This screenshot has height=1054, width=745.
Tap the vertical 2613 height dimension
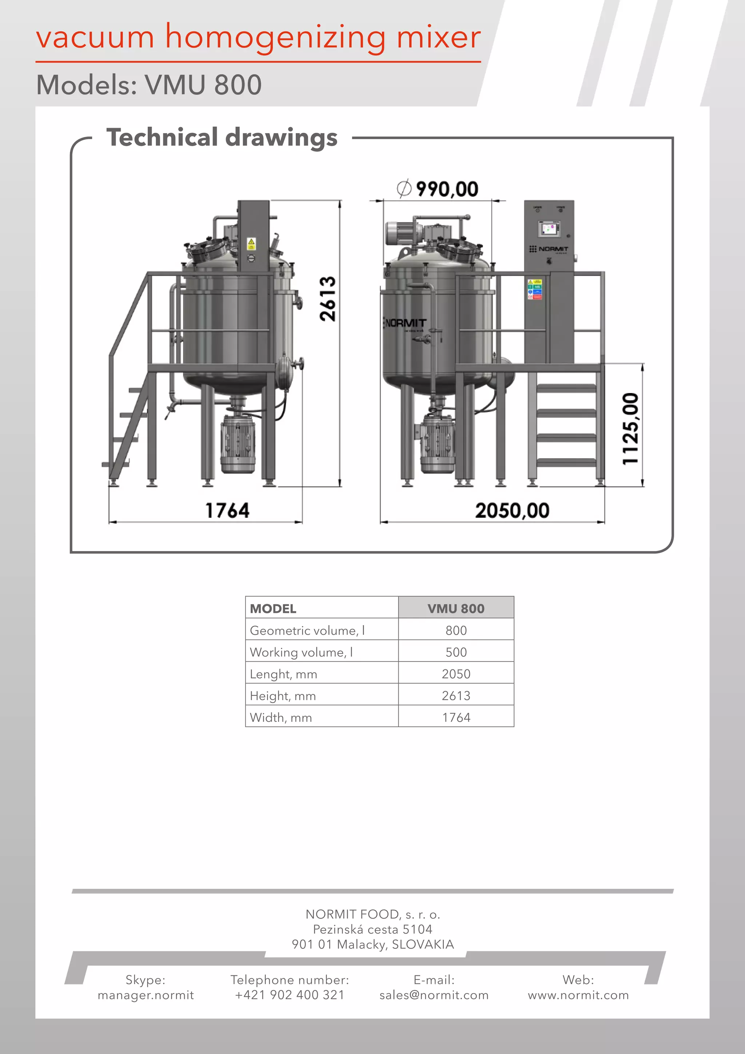[x=327, y=299]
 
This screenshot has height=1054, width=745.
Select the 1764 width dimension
[x=227, y=511]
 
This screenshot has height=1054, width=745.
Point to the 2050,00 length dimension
[x=512, y=511]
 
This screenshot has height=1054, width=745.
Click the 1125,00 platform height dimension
[x=630, y=429]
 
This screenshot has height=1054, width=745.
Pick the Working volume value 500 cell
[x=456, y=652]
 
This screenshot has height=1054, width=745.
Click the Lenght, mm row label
[x=283, y=674]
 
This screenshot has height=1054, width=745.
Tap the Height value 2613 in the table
[x=456, y=696]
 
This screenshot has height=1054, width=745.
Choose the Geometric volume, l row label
[x=307, y=630]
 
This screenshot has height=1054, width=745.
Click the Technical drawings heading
[x=222, y=138]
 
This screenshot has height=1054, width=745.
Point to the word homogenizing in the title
[x=275, y=37]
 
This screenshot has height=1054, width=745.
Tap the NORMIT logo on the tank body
[x=406, y=323]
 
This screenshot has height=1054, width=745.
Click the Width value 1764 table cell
[x=456, y=717]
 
